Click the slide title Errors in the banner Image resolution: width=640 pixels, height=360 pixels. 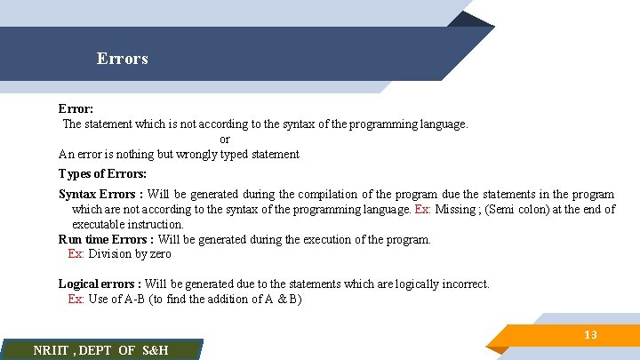coord(123,60)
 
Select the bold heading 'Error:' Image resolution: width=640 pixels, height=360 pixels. coord(76,109)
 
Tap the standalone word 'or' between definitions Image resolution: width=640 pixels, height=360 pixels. coord(225,140)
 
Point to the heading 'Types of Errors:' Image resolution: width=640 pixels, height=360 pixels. coord(102,173)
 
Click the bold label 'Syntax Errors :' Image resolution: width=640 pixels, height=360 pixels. coord(100,195)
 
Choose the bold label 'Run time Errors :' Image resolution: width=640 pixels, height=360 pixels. coord(106,239)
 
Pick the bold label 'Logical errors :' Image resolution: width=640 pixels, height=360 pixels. coord(100,284)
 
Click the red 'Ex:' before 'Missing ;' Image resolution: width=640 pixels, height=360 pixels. coord(424,210)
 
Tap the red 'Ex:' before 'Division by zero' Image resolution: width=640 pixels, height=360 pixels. coord(76,254)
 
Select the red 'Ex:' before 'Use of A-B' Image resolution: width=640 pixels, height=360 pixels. coord(76,300)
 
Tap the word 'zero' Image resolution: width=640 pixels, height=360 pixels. coord(161,254)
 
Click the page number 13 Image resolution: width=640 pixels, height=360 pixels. coord(589,335)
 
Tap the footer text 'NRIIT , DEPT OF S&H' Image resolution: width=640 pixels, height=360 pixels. coord(100,350)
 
